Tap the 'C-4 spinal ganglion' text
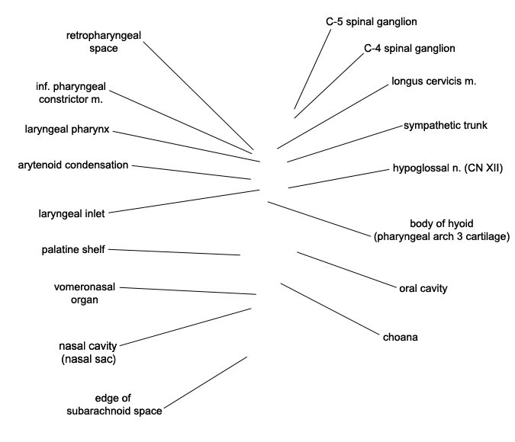point(409,49)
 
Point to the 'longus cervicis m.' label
point(433,81)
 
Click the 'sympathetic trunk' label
point(445,125)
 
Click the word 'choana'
point(401,337)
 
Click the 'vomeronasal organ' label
point(86,293)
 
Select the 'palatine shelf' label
point(73,249)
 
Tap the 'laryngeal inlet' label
point(72,213)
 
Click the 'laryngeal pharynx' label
point(67,130)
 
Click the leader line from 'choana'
point(330,309)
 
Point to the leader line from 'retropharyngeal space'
point(197,95)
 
